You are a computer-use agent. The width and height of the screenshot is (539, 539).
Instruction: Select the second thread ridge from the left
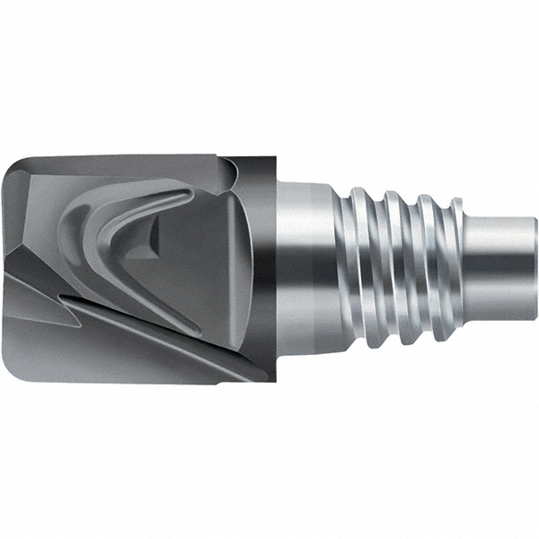pyautogui.click(x=393, y=261)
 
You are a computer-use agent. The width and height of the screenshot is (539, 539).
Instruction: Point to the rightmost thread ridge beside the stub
pyautogui.click(x=446, y=261)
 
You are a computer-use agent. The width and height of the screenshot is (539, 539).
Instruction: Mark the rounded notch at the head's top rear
pyautogui.click(x=230, y=166)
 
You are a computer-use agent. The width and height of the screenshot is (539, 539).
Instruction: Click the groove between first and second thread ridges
pyautogui.click(x=377, y=261)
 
